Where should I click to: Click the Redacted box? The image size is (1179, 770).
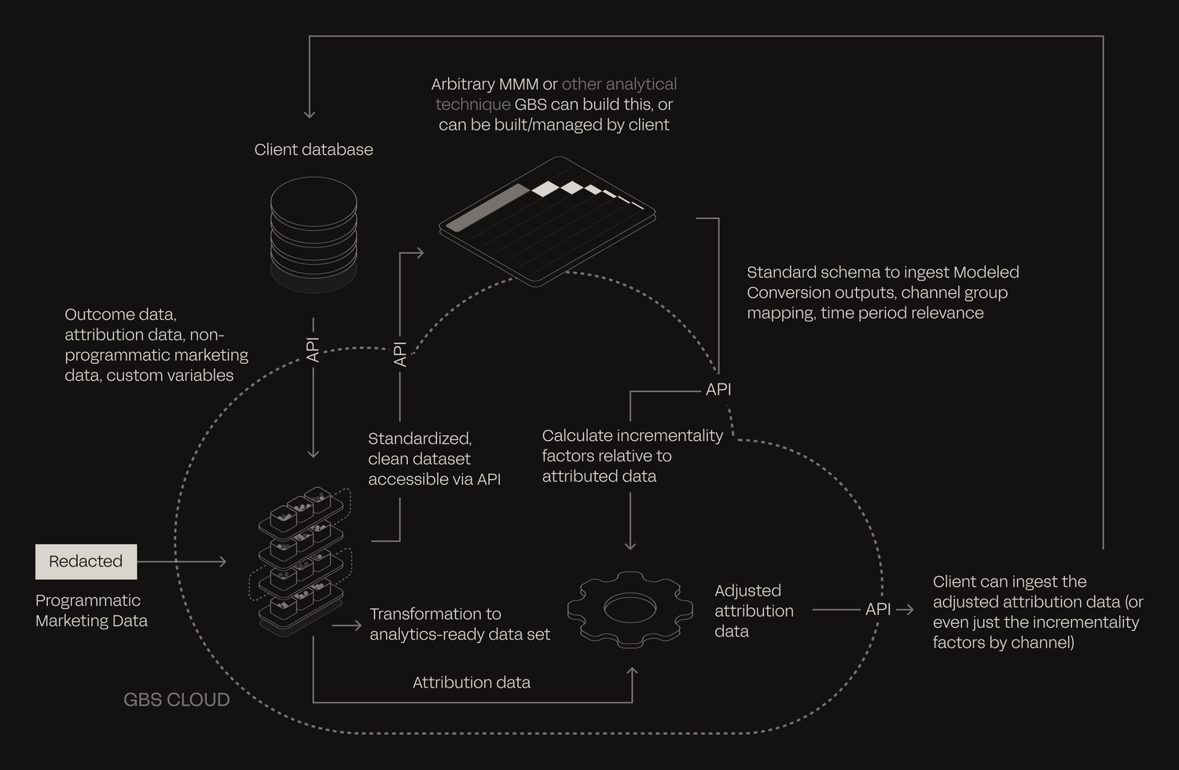pyautogui.click(x=86, y=562)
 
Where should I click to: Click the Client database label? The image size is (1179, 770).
pyautogui.click(x=314, y=149)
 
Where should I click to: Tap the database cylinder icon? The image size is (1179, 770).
pyautogui.click(x=314, y=234)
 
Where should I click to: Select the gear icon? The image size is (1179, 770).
pyautogui.click(x=630, y=610)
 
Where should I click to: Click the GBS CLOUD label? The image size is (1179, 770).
pyautogui.click(x=177, y=699)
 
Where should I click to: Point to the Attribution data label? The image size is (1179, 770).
pyautogui.click(x=472, y=683)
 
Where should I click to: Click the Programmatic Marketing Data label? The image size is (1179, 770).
pyautogui.click(x=92, y=610)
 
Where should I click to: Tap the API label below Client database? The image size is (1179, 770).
pyautogui.click(x=313, y=350)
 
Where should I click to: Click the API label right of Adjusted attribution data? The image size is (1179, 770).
pyautogui.click(x=878, y=610)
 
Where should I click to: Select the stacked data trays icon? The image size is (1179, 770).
pyautogui.click(x=300, y=560)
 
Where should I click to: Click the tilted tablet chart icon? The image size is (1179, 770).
pyautogui.click(x=547, y=221)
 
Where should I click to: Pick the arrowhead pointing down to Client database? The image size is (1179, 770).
pyautogui.click(x=310, y=114)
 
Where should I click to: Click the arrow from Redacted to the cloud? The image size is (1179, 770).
pyautogui.click(x=182, y=562)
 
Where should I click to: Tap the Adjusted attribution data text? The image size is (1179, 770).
pyautogui.click(x=754, y=610)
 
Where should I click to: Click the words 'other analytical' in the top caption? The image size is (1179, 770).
pyautogui.click(x=619, y=84)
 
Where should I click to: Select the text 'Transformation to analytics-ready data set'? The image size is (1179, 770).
pyautogui.click(x=460, y=624)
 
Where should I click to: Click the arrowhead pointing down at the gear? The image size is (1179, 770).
pyautogui.click(x=630, y=545)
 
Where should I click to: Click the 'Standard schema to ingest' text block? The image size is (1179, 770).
pyautogui.click(x=883, y=292)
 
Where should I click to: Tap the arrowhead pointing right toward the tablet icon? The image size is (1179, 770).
pyautogui.click(x=419, y=253)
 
